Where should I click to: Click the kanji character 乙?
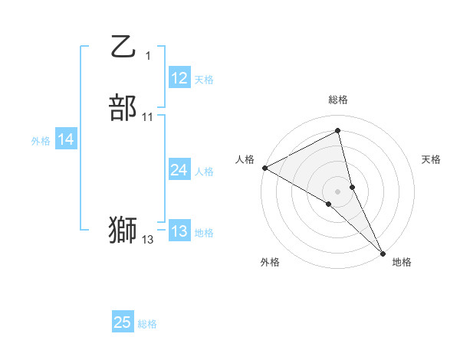coord(123,47)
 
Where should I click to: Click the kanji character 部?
coord(123,108)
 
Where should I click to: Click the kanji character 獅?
coord(123,231)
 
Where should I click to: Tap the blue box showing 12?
coord(179,78)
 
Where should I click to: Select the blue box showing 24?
coord(179,170)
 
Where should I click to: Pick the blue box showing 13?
coord(179,231)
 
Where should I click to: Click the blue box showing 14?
coord(65,139)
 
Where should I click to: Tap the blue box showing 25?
coord(123,322)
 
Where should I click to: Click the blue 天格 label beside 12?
coord(204,80)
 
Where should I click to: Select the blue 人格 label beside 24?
coord(204,172)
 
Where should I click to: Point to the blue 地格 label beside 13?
coord(204,233)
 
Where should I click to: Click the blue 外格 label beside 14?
coord(41,141)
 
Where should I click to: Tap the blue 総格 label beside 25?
coord(147,324)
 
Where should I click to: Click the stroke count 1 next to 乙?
coord(148,55)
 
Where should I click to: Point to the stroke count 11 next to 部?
coord(148,116)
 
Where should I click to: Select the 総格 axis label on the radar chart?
coord(338,100)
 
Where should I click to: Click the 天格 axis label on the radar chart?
coord(432,159)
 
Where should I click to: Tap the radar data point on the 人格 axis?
coord(264,168)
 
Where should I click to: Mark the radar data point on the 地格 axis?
coord(383,252)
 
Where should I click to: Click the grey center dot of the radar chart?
coord(338,191)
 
